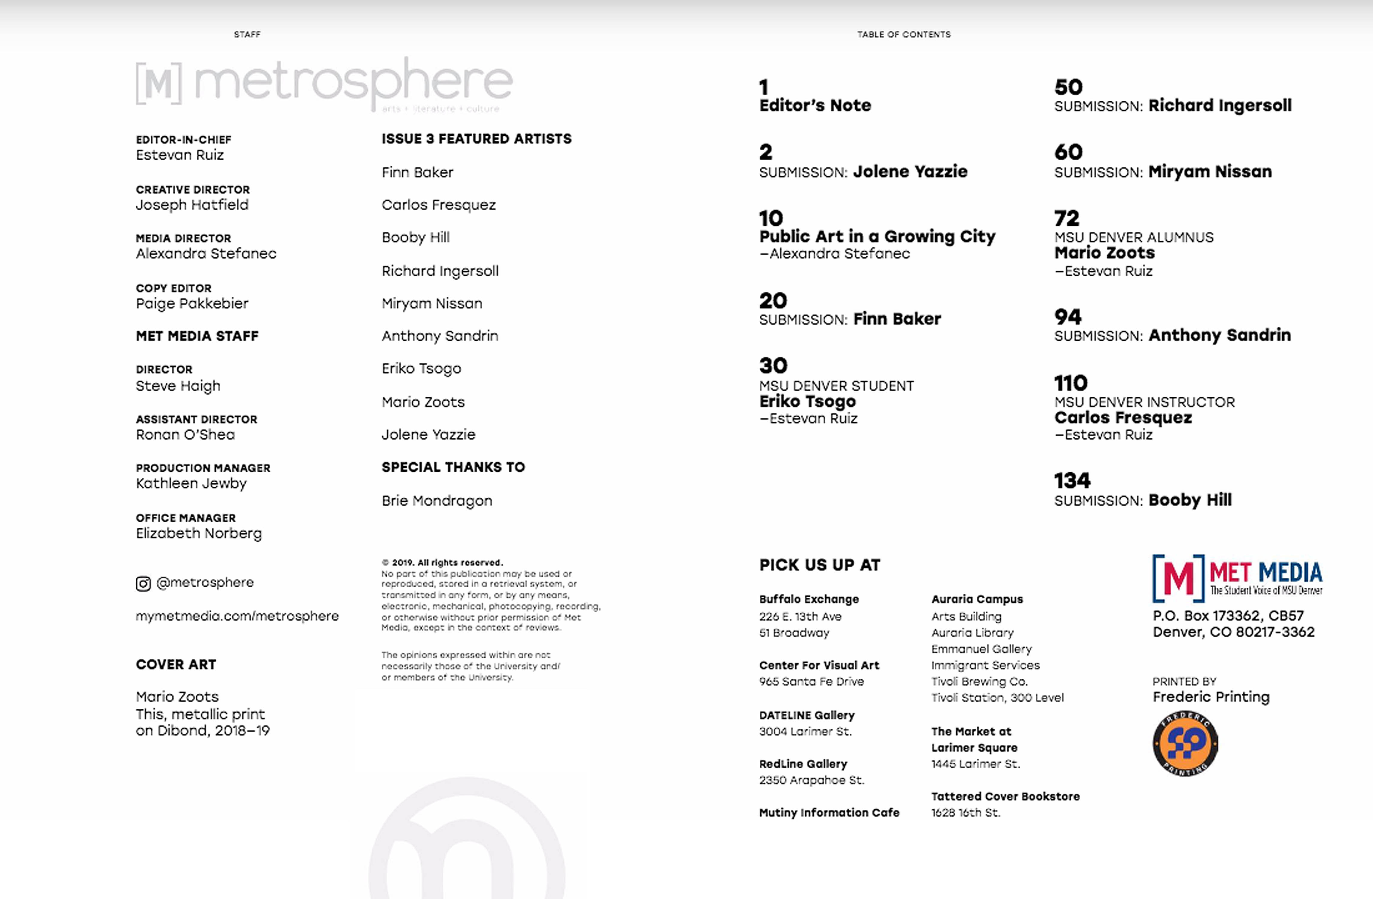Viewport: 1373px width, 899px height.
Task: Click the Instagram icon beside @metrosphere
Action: click(x=143, y=584)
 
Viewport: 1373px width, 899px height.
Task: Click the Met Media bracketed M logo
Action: click(x=1178, y=578)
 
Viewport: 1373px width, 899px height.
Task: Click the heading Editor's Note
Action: click(x=815, y=105)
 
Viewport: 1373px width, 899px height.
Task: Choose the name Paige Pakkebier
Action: click(x=192, y=304)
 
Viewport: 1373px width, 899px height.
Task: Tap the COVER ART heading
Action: click(x=176, y=665)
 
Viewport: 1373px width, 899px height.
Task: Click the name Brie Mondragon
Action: click(x=437, y=501)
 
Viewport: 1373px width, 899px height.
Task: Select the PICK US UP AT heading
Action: click(x=819, y=565)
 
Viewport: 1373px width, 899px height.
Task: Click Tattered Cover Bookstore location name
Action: click(x=1005, y=796)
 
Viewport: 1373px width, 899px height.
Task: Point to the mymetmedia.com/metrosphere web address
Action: click(x=237, y=616)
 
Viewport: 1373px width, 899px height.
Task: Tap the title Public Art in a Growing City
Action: click(x=877, y=236)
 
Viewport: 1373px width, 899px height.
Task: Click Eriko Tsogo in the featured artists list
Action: click(x=421, y=369)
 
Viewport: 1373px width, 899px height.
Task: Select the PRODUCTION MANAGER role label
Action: click(x=203, y=468)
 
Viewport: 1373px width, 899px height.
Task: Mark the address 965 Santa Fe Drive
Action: click(x=811, y=681)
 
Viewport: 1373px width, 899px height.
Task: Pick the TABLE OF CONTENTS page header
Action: click(x=904, y=35)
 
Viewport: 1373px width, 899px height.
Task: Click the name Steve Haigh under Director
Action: click(x=178, y=386)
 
